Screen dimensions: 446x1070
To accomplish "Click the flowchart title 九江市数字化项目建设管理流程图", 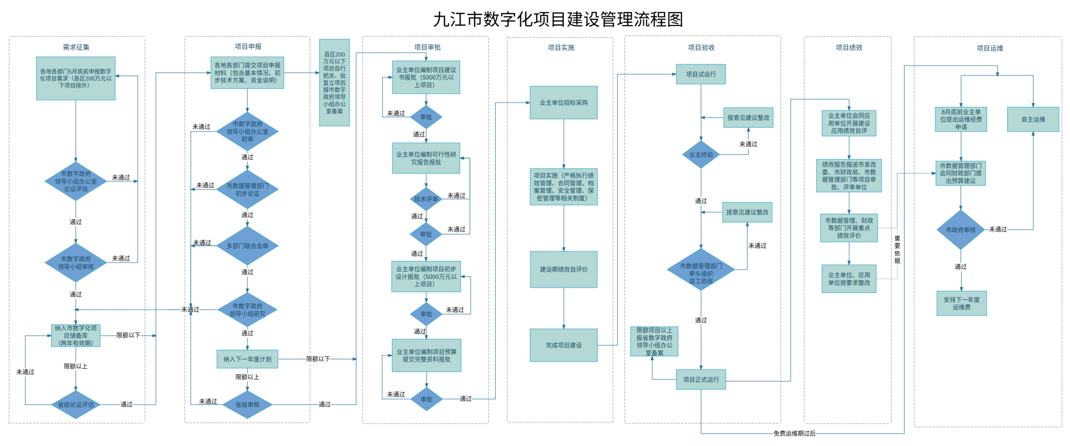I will point(558,20).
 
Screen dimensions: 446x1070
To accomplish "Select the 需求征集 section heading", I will point(76,47).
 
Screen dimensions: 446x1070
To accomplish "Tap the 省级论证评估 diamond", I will point(76,404).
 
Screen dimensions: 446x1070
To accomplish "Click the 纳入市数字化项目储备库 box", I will point(76,335).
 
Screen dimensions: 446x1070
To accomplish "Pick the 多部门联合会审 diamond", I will point(247,246).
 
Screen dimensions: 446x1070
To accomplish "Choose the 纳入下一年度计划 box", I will point(247,359).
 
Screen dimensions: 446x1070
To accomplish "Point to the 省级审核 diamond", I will point(247,404).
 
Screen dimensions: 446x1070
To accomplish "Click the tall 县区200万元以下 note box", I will point(334,83).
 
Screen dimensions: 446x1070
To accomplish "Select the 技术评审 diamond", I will point(426,199).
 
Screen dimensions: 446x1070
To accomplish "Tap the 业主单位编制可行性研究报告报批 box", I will point(426,158).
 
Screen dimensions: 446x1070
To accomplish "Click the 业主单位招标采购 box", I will point(564,103).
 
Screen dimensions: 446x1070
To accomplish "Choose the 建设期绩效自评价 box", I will point(564,269).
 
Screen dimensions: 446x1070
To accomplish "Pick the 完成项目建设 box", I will point(564,345).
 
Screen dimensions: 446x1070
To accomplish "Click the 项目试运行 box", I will point(701,74).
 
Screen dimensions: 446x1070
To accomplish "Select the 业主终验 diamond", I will point(701,154).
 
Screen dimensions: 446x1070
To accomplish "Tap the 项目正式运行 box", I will point(701,379).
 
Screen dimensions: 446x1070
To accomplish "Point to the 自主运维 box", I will point(1033,119).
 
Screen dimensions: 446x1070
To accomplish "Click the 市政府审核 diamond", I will point(960,230).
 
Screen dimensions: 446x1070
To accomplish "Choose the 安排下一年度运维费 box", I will point(961,303).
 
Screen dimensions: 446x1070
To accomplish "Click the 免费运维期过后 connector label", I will point(794,433).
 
